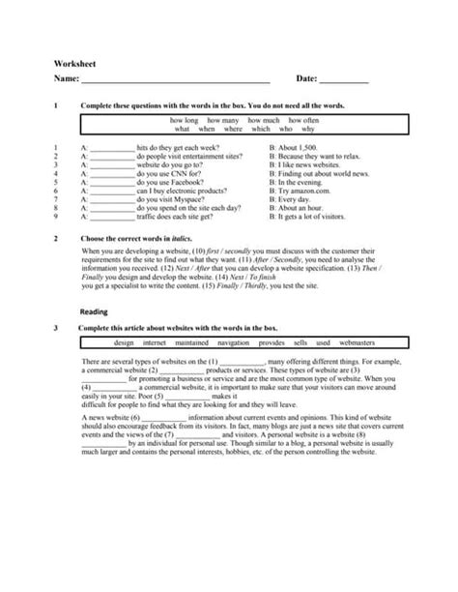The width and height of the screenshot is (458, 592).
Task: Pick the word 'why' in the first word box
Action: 307,128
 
